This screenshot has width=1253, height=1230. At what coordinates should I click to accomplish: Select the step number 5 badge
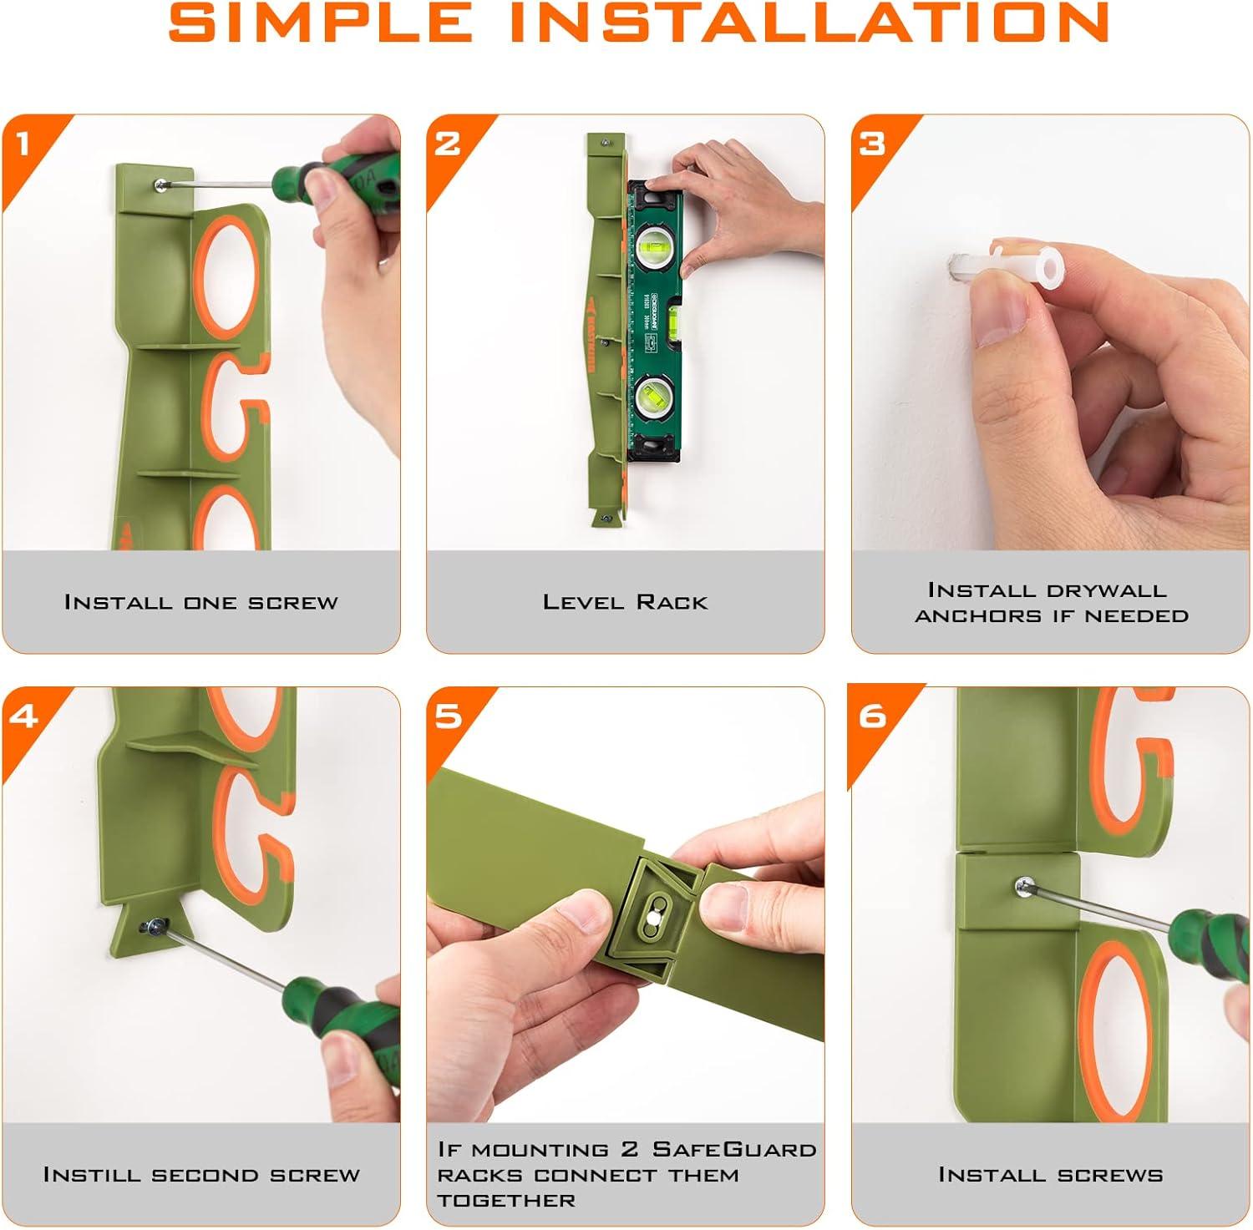click(x=448, y=716)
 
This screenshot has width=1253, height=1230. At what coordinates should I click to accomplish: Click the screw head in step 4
click(x=155, y=925)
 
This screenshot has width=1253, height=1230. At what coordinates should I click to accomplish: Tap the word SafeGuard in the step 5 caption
click(x=734, y=1149)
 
